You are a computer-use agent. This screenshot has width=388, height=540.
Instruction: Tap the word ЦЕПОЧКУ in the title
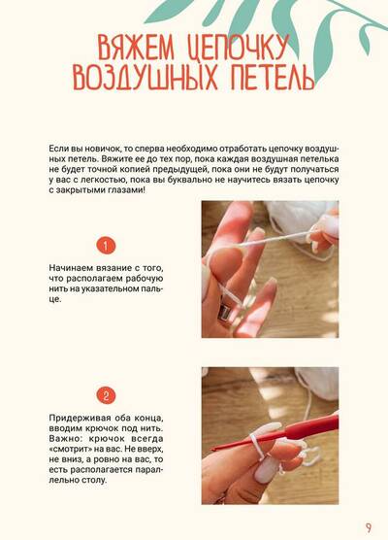click(238, 48)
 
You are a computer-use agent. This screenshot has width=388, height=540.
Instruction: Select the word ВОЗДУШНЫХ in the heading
click(145, 77)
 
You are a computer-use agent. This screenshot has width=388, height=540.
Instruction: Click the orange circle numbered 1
click(106, 246)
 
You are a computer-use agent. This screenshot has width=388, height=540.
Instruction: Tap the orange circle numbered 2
click(106, 395)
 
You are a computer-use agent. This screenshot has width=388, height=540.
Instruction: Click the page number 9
click(369, 527)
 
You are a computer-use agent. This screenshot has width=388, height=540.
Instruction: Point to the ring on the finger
click(224, 312)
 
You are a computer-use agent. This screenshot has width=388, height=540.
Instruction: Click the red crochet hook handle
click(303, 428)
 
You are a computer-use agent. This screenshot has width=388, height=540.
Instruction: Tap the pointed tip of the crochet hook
click(211, 450)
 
